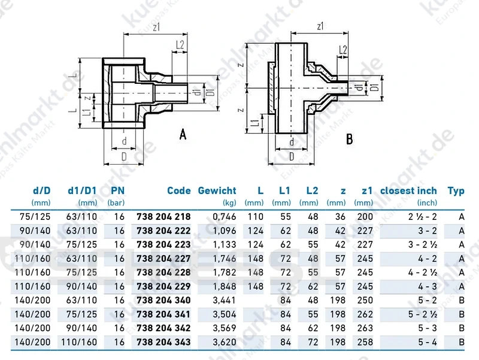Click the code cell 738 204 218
[163, 217]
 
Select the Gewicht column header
[217, 190]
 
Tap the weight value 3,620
[224, 342]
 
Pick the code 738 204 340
[163, 300]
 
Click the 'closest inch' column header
[408, 190]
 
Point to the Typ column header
[456, 191]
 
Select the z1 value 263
[365, 328]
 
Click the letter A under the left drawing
[183, 134]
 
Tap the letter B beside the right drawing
[350, 139]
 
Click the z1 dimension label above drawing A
[156, 27]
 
